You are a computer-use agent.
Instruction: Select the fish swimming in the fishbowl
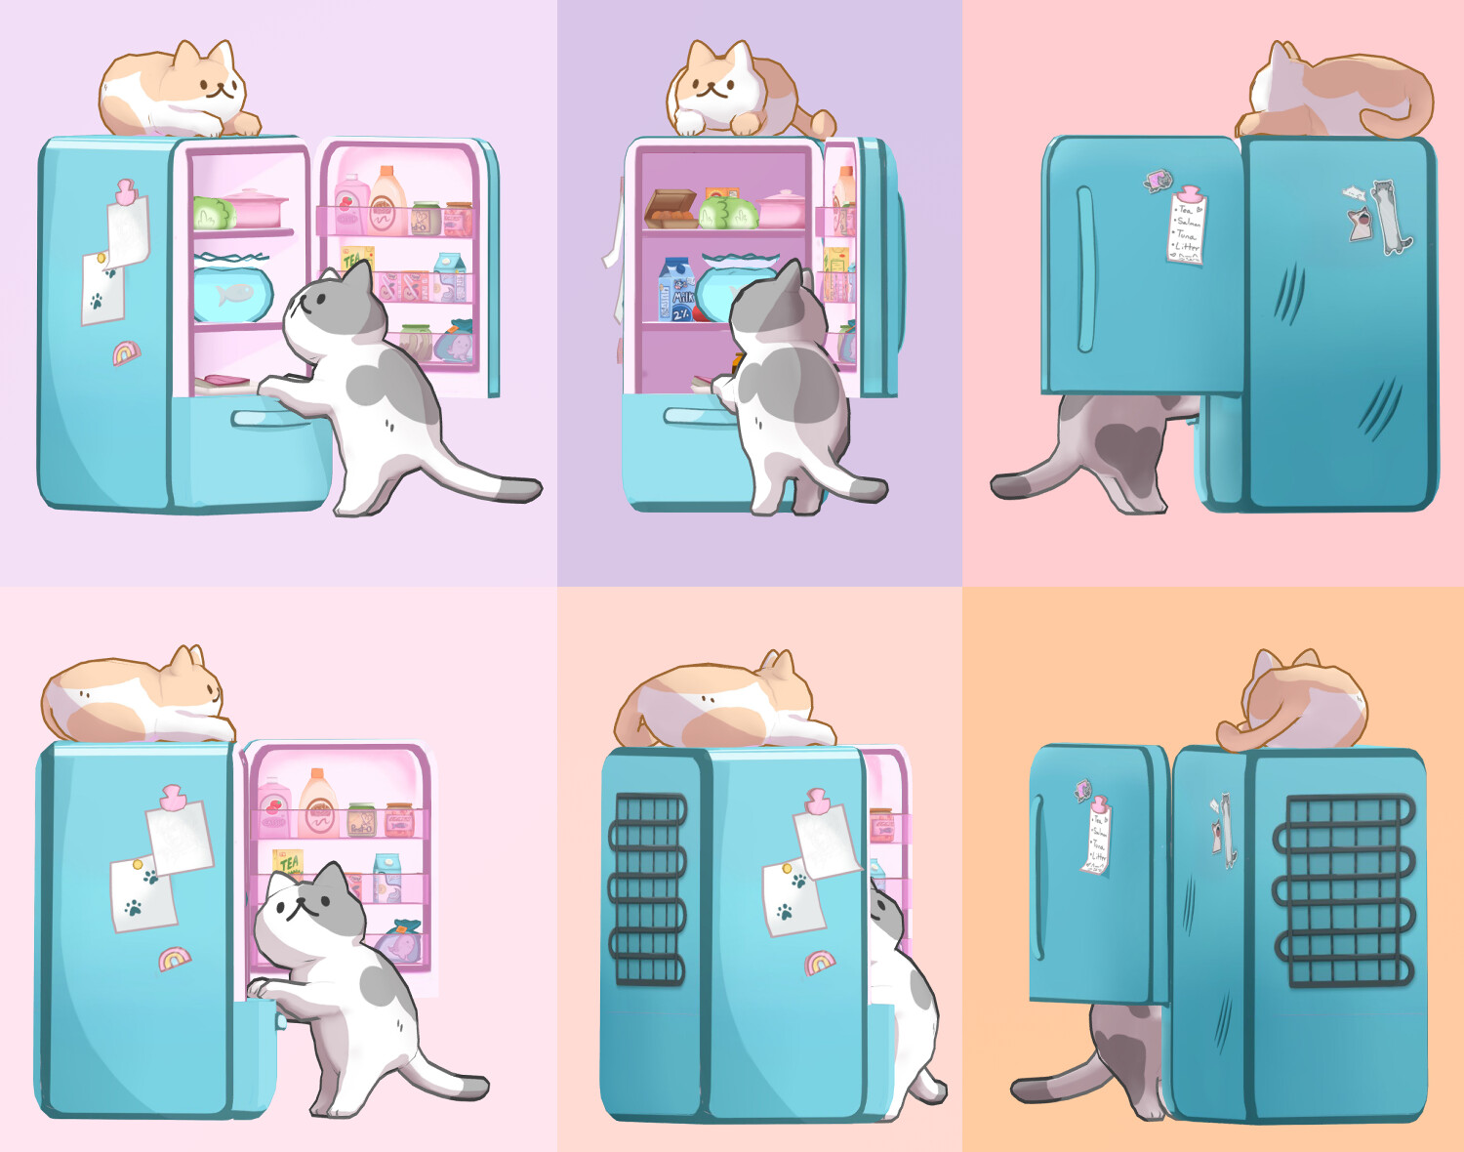click(x=233, y=293)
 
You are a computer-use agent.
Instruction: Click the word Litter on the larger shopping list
click(x=1187, y=247)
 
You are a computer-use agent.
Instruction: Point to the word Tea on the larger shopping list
click(x=1186, y=209)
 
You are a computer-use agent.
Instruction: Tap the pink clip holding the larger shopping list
click(x=1189, y=192)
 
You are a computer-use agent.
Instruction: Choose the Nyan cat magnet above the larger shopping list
click(x=1159, y=180)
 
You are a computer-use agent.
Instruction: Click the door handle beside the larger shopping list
click(x=1084, y=268)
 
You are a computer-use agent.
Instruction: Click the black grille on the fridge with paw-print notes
click(x=646, y=888)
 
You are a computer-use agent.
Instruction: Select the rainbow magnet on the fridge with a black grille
click(x=820, y=964)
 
